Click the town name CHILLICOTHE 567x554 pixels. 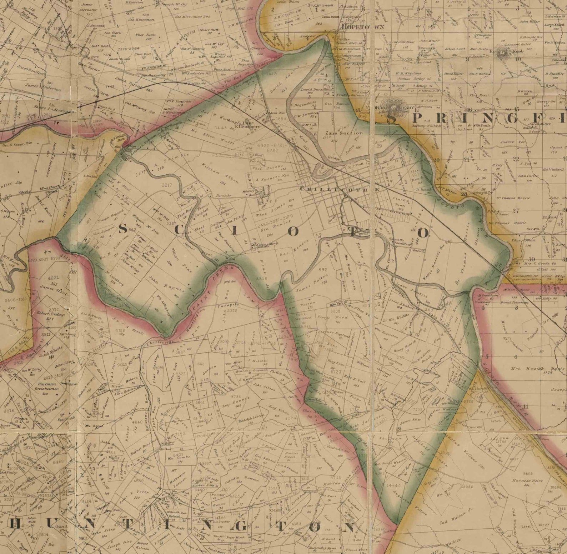[339, 190]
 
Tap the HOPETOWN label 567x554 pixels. [358, 27]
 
